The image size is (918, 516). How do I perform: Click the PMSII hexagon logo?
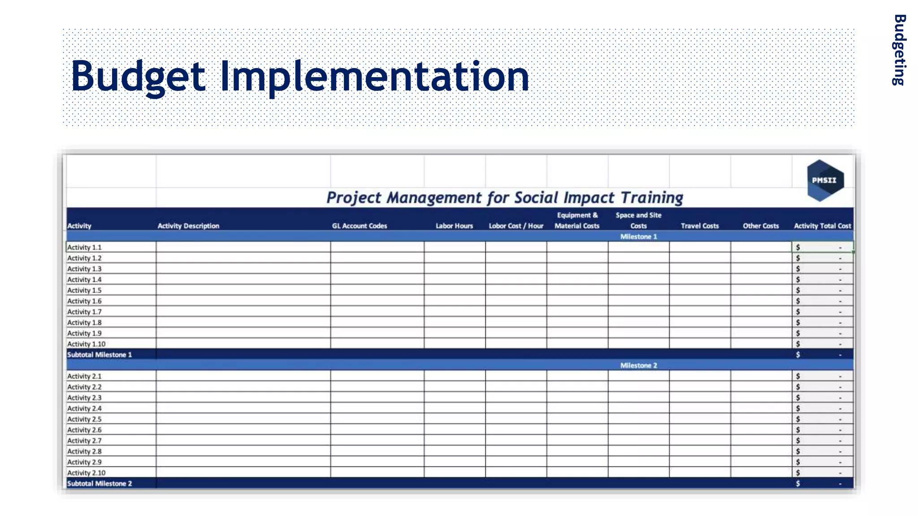pyautogui.click(x=825, y=181)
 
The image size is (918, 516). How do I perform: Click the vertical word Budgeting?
pyautogui.click(x=899, y=50)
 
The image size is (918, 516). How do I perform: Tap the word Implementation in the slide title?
pyautogui.click(x=374, y=77)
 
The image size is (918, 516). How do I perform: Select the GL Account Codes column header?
pyautogui.click(x=359, y=226)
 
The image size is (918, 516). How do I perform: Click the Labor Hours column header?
pyautogui.click(x=454, y=226)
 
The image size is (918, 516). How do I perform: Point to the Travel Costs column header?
pyautogui.click(x=699, y=226)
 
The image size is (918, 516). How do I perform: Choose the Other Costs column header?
pyautogui.click(x=761, y=226)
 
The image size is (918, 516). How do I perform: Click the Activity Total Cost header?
pyautogui.click(x=822, y=226)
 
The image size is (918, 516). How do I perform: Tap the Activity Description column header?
pyautogui.click(x=188, y=226)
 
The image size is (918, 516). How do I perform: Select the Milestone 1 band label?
pyautogui.click(x=638, y=236)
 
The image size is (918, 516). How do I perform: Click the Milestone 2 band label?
pyautogui.click(x=638, y=365)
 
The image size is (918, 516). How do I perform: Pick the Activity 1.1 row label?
pyautogui.click(x=84, y=247)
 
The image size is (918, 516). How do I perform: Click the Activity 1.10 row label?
pyautogui.click(x=86, y=344)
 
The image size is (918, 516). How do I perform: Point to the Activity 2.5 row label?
pyautogui.click(x=84, y=419)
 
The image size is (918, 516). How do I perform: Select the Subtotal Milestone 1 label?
pyautogui.click(x=100, y=355)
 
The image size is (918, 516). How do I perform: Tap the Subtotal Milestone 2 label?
pyautogui.click(x=100, y=484)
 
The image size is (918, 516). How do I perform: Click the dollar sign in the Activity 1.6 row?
pyautogui.click(x=798, y=301)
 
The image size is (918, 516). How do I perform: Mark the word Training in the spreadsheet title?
pyautogui.click(x=652, y=198)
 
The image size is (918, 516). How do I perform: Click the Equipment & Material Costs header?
pyautogui.click(x=577, y=220)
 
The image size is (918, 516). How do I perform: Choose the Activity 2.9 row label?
pyautogui.click(x=84, y=462)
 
